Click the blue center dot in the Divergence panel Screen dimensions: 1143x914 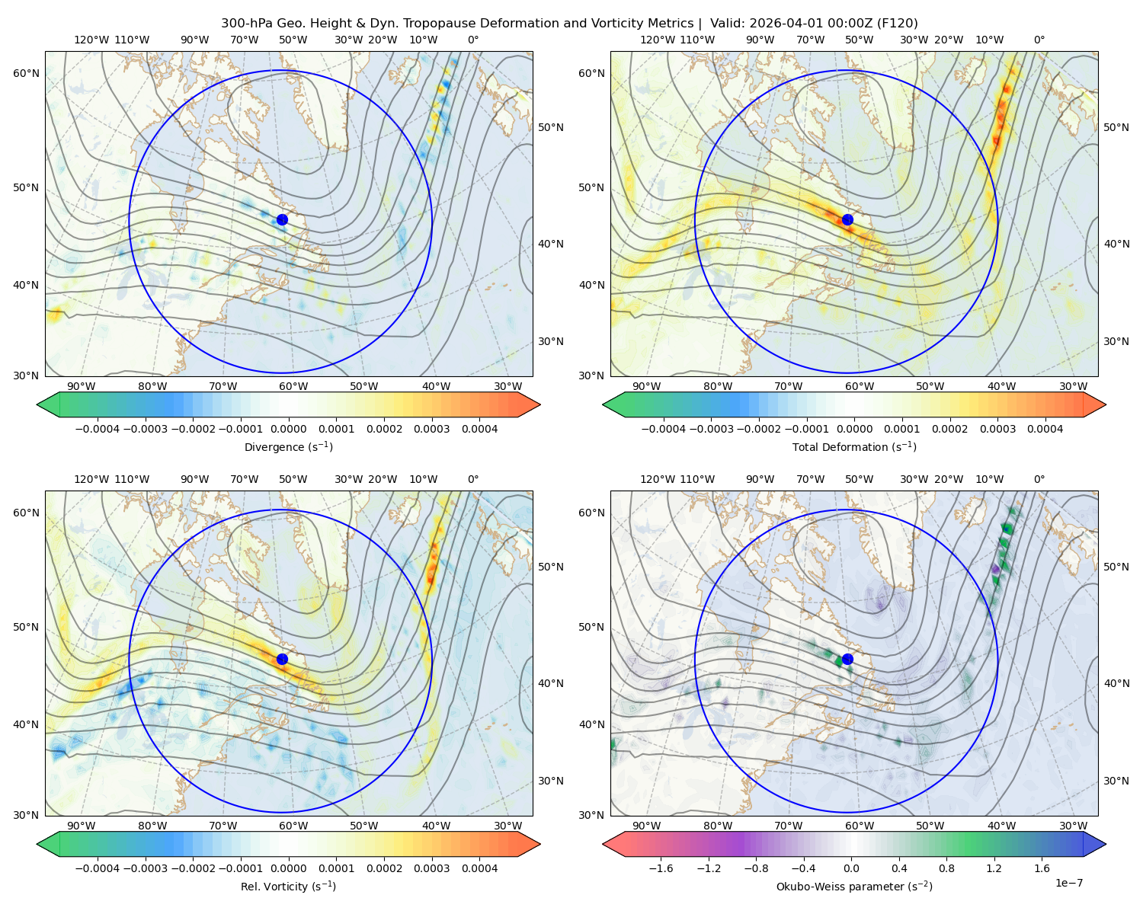coord(282,219)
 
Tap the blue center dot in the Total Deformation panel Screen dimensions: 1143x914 coord(847,219)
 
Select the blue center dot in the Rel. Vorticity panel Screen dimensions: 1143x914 coord(282,659)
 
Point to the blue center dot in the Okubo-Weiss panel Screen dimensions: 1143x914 coord(847,659)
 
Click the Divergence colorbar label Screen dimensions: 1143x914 coord(288,446)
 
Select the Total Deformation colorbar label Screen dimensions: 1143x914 coord(854,446)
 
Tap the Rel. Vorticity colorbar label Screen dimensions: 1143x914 coord(288,886)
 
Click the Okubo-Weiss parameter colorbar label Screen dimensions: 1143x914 coord(854,886)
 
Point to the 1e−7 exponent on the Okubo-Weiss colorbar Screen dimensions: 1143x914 coord(1068,883)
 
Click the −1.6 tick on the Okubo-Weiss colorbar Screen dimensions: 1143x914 coord(661,868)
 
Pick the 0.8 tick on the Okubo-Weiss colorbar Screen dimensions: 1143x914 coord(946,868)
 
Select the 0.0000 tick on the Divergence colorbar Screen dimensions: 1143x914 coord(288,429)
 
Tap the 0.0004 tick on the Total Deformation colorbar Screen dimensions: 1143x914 coord(1045,429)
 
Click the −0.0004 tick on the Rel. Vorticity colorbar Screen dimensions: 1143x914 coord(98,868)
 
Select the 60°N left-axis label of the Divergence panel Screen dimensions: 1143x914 coord(26,73)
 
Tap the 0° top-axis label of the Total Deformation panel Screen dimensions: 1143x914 coord(1039,40)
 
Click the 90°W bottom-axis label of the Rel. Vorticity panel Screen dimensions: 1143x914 coord(82,826)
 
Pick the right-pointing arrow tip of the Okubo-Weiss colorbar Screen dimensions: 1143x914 coord(1106,844)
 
